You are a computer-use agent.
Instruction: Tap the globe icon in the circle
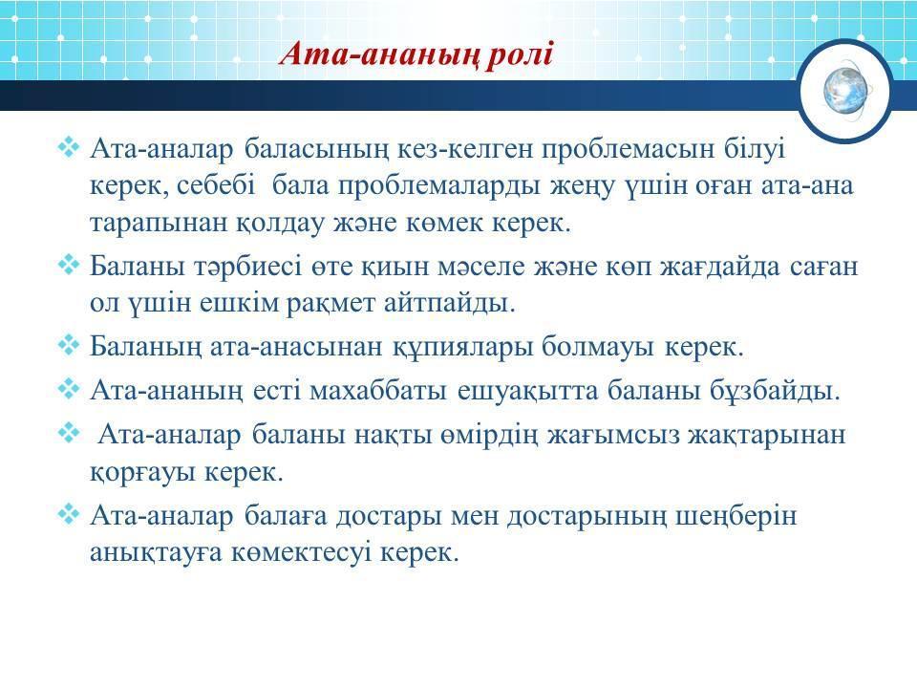845,91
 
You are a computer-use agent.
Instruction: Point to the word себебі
216,185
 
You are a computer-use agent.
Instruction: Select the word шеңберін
736,517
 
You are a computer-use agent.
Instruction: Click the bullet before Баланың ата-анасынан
69,345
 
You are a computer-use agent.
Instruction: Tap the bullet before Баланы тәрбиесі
69,264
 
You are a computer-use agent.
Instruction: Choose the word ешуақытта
527,391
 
